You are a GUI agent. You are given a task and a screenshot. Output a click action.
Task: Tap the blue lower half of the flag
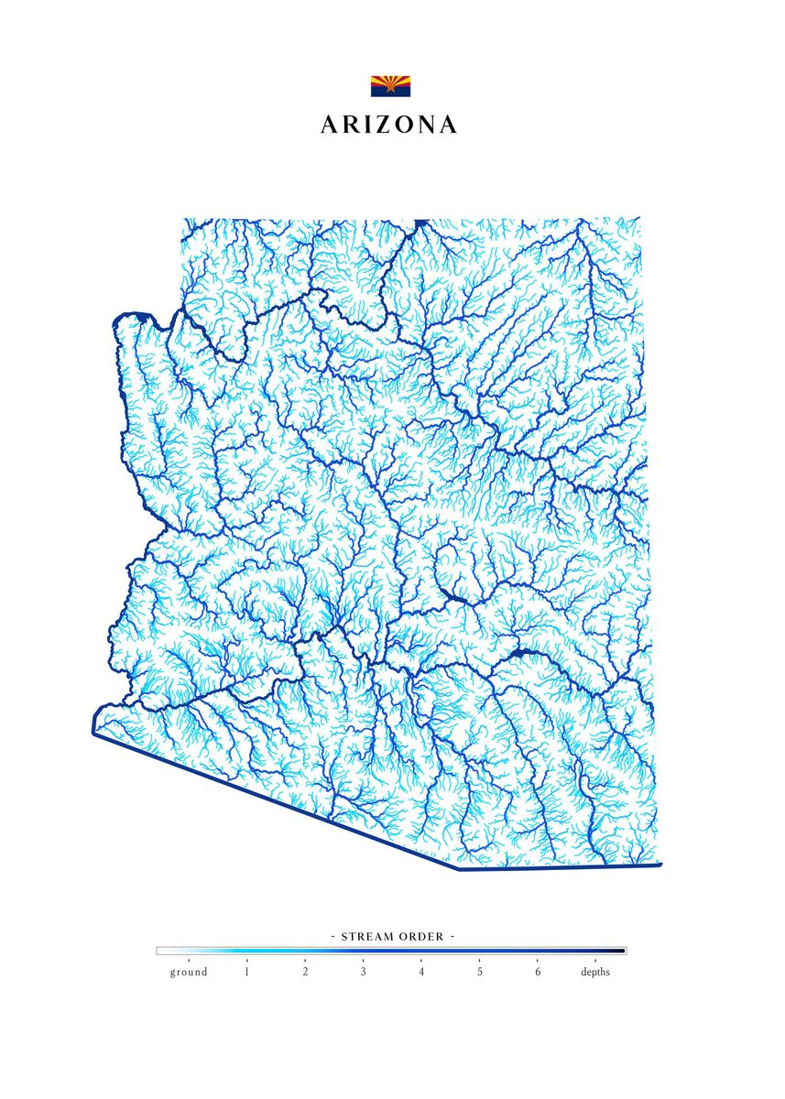click(x=390, y=92)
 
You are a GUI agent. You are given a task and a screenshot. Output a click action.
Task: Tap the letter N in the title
click(x=425, y=125)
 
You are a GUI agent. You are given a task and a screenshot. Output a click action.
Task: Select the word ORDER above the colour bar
click(x=423, y=937)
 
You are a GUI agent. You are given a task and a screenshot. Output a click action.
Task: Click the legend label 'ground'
click(x=189, y=972)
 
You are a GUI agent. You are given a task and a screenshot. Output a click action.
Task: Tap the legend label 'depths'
click(x=595, y=972)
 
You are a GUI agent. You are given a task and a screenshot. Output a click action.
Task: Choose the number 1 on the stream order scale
click(x=246, y=972)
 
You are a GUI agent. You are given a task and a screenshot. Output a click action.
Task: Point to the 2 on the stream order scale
click(x=305, y=972)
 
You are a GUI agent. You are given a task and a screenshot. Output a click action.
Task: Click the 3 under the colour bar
click(x=363, y=972)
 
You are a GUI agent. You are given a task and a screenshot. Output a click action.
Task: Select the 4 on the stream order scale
click(x=421, y=972)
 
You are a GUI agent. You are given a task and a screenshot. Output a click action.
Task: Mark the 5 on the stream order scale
click(x=479, y=972)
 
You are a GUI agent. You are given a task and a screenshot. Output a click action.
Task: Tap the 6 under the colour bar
click(x=538, y=972)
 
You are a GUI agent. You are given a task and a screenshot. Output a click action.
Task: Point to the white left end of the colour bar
click(x=162, y=951)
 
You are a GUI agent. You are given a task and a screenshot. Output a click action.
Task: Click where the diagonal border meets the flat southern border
click(x=459, y=869)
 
